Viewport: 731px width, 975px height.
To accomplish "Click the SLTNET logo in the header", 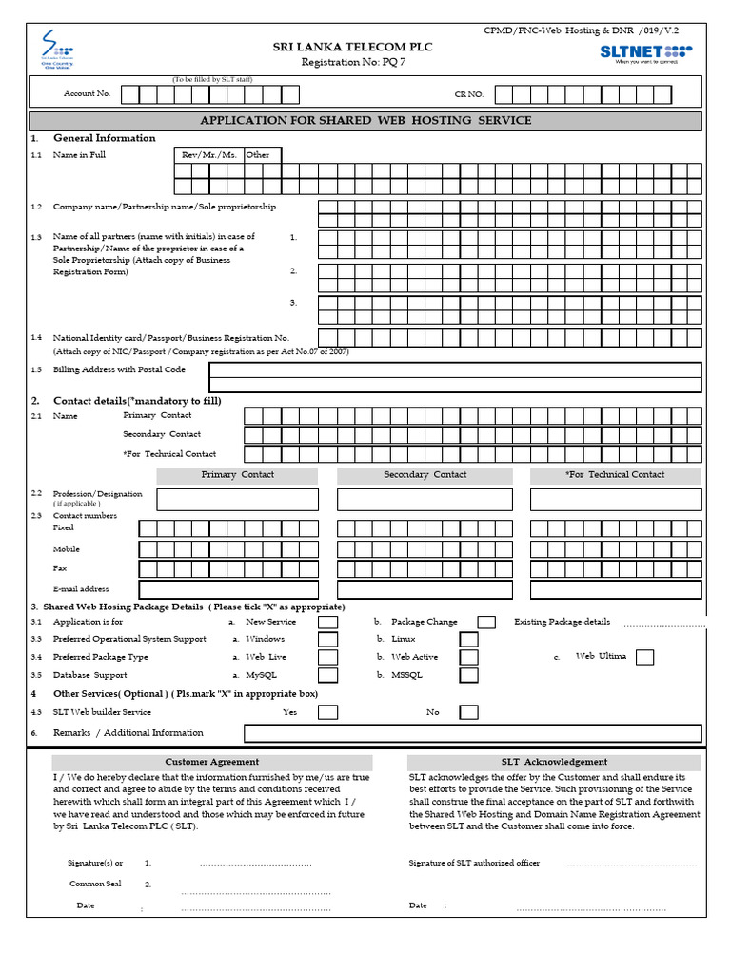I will pyautogui.click(x=646, y=51).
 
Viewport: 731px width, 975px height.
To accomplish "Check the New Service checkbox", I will pyautogui.click(x=327, y=622).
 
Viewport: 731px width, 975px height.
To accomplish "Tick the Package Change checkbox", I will pyautogui.click(x=486, y=622).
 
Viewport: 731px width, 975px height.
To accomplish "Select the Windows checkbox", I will pyautogui.click(x=327, y=639).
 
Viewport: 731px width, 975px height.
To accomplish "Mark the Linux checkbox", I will pyautogui.click(x=469, y=639).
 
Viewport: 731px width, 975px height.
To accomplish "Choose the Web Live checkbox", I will pyautogui.click(x=327, y=657).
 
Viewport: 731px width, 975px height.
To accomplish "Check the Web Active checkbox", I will pyautogui.click(x=469, y=657).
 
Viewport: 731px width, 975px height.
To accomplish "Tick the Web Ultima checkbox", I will pyautogui.click(x=644, y=656).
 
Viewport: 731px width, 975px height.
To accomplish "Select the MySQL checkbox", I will pyautogui.click(x=327, y=675).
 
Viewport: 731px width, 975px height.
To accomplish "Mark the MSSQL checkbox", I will pyautogui.click(x=469, y=675).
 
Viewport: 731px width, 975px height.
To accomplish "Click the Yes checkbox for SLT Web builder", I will pyautogui.click(x=327, y=712).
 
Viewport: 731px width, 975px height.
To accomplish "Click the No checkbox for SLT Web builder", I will pyautogui.click(x=469, y=712).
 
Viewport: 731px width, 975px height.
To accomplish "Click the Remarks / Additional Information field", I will pyautogui.click(x=473, y=733).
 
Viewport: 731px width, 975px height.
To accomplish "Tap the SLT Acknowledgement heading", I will pyautogui.click(x=554, y=762).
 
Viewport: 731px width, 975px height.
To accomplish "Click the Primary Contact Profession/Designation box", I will pyautogui.click(x=238, y=500).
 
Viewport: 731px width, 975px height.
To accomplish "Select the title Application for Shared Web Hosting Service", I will pyautogui.click(x=365, y=121).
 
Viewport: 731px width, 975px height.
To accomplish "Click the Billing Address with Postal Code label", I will pyautogui.click(x=119, y=369).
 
